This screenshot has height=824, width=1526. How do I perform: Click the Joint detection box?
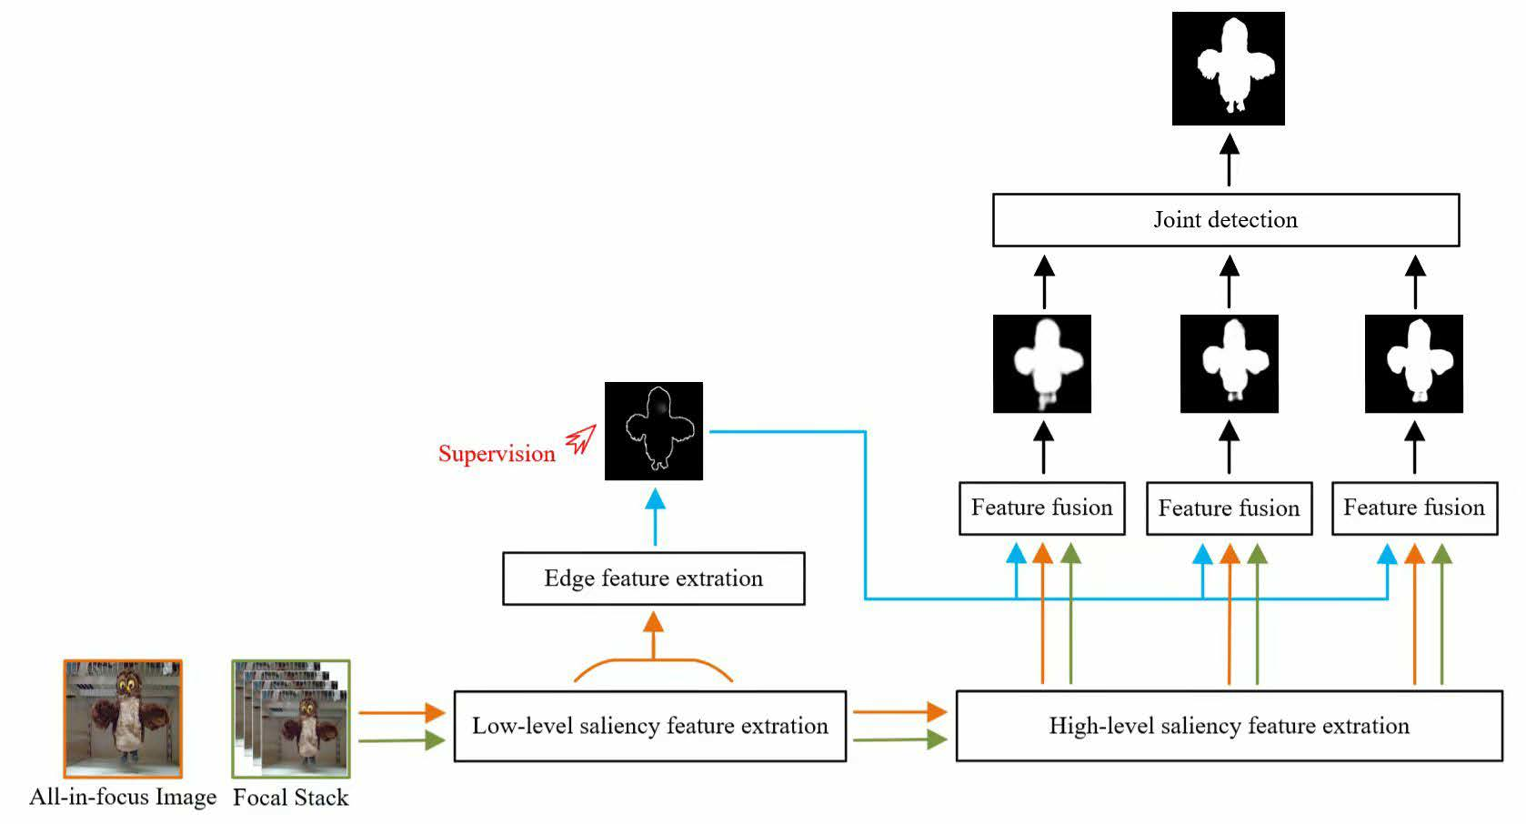1225,220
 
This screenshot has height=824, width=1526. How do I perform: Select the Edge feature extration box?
653,578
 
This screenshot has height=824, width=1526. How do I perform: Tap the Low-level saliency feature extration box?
649,726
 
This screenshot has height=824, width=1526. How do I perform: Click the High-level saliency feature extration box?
1229,726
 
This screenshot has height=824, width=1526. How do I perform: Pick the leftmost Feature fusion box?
1041,508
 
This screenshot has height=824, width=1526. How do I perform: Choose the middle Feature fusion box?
1229,508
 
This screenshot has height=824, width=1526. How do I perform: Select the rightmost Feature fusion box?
1413,508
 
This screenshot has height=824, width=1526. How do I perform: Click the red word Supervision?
497,454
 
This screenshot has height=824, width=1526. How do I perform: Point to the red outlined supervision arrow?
580,440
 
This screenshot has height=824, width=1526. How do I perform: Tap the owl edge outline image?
653,431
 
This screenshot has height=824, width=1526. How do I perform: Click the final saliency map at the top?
1228,68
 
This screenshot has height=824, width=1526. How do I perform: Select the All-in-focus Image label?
123,798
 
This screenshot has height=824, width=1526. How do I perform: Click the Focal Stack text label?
290,798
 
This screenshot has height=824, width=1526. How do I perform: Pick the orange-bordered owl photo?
123,718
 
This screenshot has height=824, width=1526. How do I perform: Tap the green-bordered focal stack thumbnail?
291,718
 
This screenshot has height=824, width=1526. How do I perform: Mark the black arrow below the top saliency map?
1229,160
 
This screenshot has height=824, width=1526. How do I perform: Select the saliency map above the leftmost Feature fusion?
1042,364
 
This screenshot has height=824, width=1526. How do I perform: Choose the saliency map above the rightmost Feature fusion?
1413,364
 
